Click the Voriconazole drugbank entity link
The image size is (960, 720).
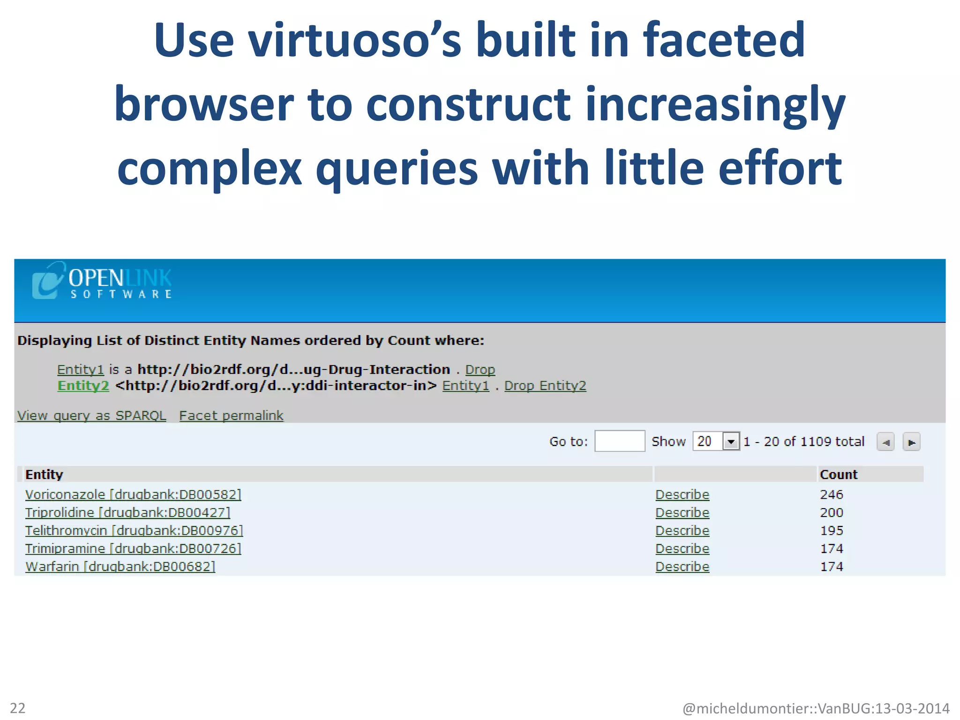(133, 495)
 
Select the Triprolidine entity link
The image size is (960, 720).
(127, 512)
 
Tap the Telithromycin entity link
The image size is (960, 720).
(134, 530)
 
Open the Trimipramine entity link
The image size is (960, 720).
(133, 548)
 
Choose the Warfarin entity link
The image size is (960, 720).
(120, 566)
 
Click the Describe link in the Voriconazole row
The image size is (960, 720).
(682, 495)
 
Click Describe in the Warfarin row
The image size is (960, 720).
(682, 566)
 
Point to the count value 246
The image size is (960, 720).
(831, 495)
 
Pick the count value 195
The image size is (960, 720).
(831, 530)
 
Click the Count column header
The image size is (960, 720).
(838, 474)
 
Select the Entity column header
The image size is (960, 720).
(44, 474)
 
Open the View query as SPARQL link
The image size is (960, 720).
(91, 415)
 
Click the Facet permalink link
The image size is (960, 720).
(231, 415)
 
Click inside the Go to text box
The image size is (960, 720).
(619, 441)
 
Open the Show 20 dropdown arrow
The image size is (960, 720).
(731, 441)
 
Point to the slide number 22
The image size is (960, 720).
(18, 707)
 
